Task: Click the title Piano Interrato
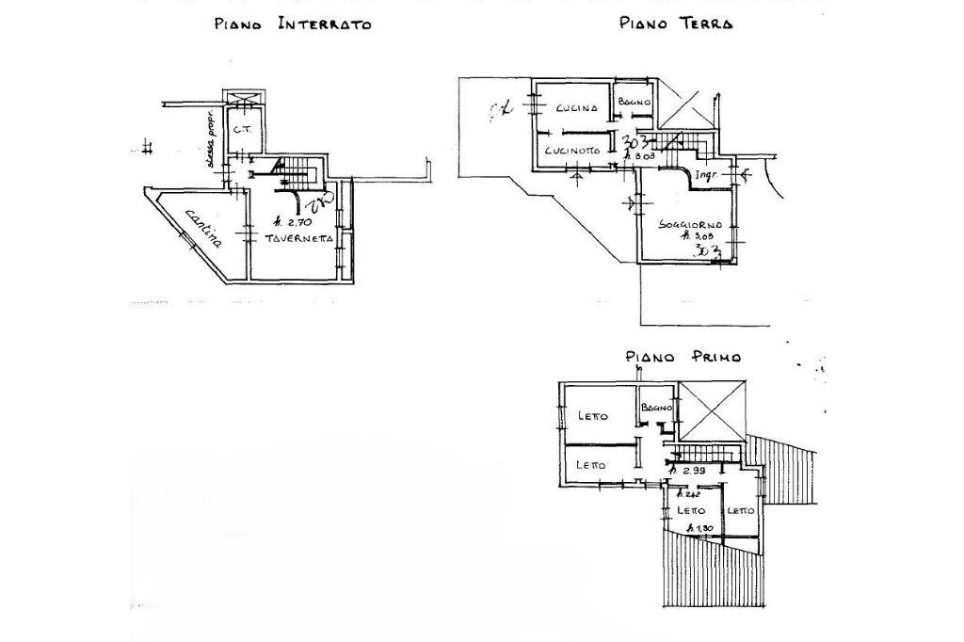tap(293, 24)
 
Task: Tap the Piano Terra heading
tap(676, 23)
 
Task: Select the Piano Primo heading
tap(683, 357)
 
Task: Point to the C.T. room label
tap(241, 129)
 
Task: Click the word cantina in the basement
tap(203, 227)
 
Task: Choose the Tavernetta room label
tap(298, 239)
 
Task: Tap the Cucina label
tap(576, 108)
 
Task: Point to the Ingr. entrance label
tap(706, 176)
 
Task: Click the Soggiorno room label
tap(690, 225)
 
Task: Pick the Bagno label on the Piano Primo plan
tap(656, 408)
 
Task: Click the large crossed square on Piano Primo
tap(712, 410)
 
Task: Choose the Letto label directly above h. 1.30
tap(691, 510)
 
